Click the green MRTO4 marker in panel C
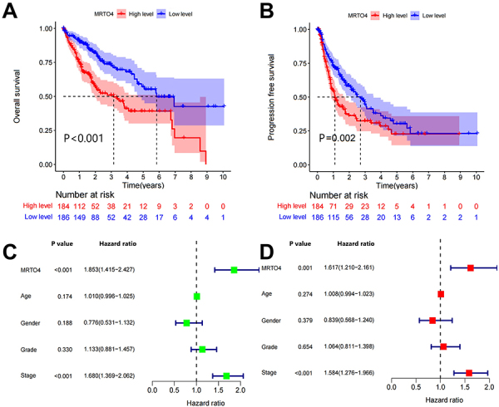tap(235, 270)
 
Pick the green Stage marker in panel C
tap(226, 375)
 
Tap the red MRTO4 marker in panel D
tap(471, 267)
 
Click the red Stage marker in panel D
tap(469, 373)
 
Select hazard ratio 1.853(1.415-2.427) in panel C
tap(125, 270)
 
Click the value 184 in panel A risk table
tap(63, 203)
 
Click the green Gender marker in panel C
tap(186, 322)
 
